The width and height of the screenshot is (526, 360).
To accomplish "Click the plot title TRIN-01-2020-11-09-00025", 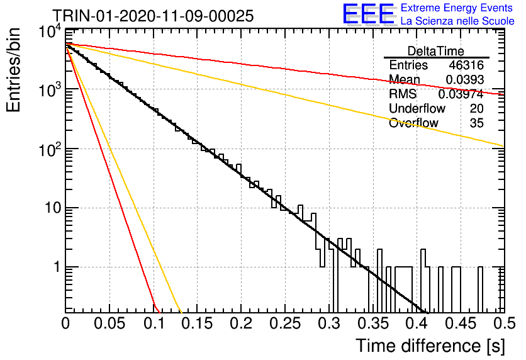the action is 154,16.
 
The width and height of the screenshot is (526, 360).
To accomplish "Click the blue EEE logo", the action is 368,14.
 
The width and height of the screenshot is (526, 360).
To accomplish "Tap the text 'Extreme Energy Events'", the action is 457,8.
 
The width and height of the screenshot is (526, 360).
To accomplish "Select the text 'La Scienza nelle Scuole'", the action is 457,21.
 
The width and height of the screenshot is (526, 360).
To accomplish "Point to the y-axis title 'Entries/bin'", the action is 13,70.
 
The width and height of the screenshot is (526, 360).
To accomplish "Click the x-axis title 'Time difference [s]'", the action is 430,346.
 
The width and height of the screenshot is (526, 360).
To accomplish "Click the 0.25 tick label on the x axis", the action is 284,323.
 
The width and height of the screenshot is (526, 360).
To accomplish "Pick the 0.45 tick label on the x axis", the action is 461,323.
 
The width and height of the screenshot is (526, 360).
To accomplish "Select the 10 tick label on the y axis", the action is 53,208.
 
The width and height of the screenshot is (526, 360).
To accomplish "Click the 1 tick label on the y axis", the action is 57,267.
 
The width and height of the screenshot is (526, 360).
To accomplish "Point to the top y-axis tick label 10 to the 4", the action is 50,33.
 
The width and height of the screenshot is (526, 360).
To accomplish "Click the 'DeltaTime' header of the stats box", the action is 436,51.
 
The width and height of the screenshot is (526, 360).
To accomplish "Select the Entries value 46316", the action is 466,65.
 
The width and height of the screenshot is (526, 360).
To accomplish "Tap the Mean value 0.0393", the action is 464,79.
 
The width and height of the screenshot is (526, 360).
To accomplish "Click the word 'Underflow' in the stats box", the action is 417,108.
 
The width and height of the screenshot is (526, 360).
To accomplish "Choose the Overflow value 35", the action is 477,123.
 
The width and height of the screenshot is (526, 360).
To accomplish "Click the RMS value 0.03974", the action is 461,94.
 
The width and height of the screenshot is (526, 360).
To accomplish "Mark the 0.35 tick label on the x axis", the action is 372,323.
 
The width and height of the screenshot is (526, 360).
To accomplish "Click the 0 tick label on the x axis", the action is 65,323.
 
